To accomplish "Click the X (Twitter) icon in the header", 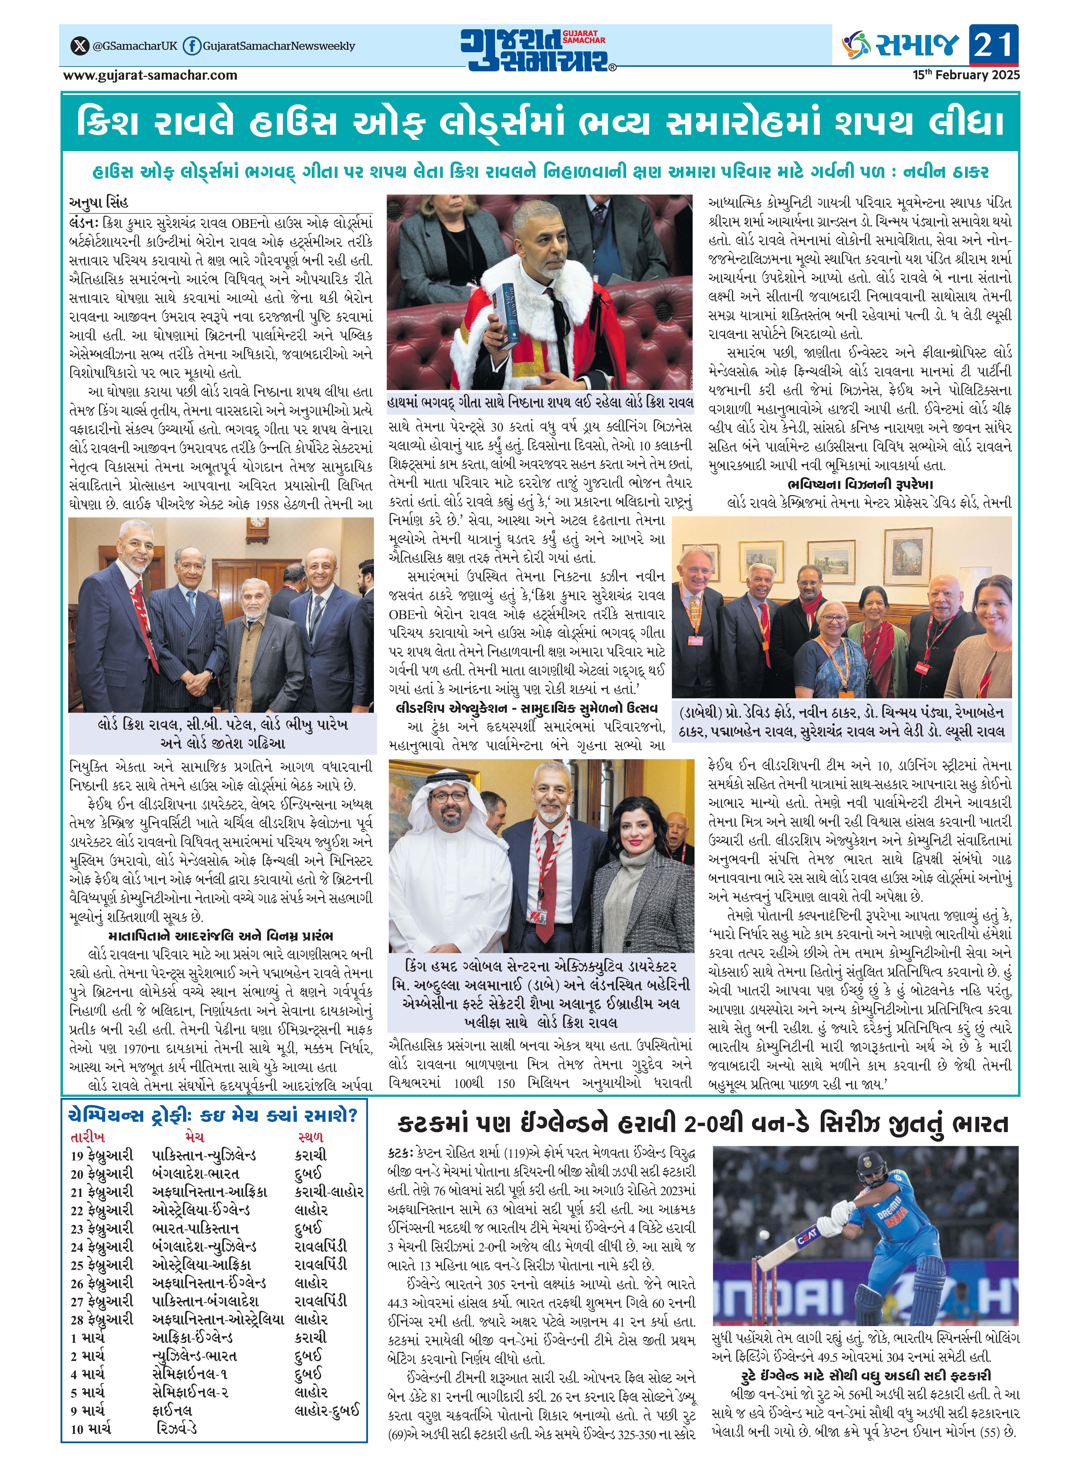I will (x=80, y=46).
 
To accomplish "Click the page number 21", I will (x=994, y=44).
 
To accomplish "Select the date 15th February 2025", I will (x=966, y=75).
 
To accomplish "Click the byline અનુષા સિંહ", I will (x=100, y=202).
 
